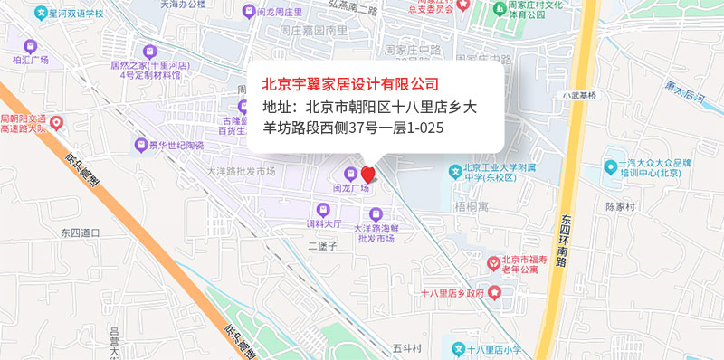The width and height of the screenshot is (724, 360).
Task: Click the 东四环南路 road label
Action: click(x=564, y=240)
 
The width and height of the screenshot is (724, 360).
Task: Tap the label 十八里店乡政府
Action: click(x=452, y=293)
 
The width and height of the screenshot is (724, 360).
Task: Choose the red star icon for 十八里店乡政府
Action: click(x=494, y=292)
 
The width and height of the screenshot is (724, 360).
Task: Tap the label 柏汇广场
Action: click(x=31, y=60)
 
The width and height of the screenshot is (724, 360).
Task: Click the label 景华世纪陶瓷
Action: click(x=176, y=145)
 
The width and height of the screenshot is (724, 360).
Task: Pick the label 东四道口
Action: click(x=80, y=232)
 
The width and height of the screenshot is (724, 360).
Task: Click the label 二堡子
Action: click(x=322, y=245)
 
